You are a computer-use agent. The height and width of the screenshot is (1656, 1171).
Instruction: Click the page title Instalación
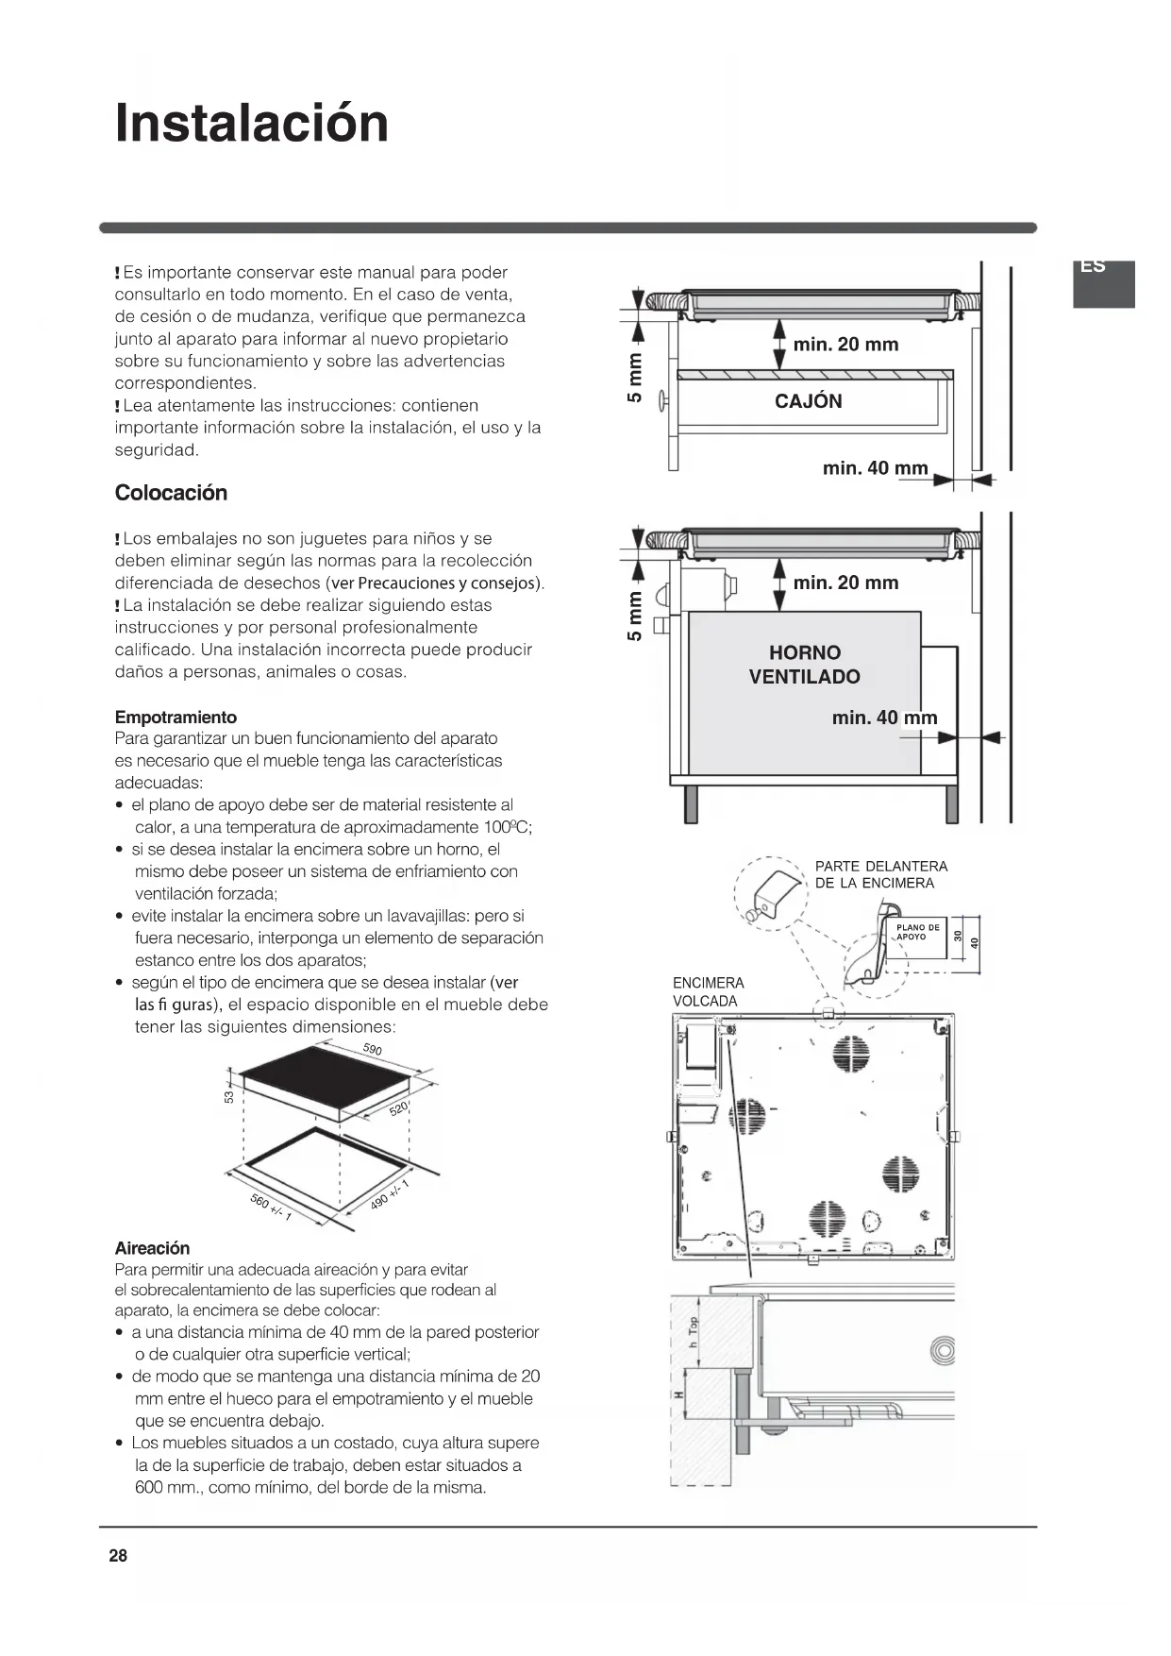pyautogui.click(x=251, y=124)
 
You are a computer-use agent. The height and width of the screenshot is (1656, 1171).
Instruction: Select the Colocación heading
pyautogui.click(x=171, y=493)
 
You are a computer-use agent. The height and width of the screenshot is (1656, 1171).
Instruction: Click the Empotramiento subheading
pyautogui.click(x=176, y=718)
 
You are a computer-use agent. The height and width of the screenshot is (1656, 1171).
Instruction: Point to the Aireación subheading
pyautogui.click(x=152, y=1248)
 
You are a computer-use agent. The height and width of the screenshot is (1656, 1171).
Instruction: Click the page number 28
pyautogui.click(x=118, y=1556)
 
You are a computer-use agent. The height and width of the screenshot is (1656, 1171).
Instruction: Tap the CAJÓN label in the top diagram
pyautogui.click(x=808, y=401)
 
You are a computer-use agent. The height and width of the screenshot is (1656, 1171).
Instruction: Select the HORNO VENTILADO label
pyautogui.click(x=805, y=665)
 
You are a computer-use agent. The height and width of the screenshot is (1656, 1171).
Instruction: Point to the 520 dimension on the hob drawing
pyautogui.click(x=399, y=1107)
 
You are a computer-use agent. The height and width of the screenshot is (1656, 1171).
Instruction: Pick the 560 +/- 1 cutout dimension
pyautogui.click(x=271, y=1208)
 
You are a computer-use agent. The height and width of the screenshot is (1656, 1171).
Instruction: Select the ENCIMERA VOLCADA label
pyautogui.click(x=708, y=992)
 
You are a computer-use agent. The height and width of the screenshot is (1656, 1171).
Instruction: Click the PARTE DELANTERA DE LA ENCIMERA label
pyautogui.click(x=880, y=874)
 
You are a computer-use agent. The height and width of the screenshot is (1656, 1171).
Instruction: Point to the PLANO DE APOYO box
pyautogui.click(x=917, y=932)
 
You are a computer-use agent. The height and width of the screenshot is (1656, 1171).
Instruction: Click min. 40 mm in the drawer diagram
pyautogui.click(x=875, y=468)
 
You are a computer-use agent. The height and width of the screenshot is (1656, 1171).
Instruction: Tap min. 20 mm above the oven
pyautogui.click(x=845, y=583)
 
